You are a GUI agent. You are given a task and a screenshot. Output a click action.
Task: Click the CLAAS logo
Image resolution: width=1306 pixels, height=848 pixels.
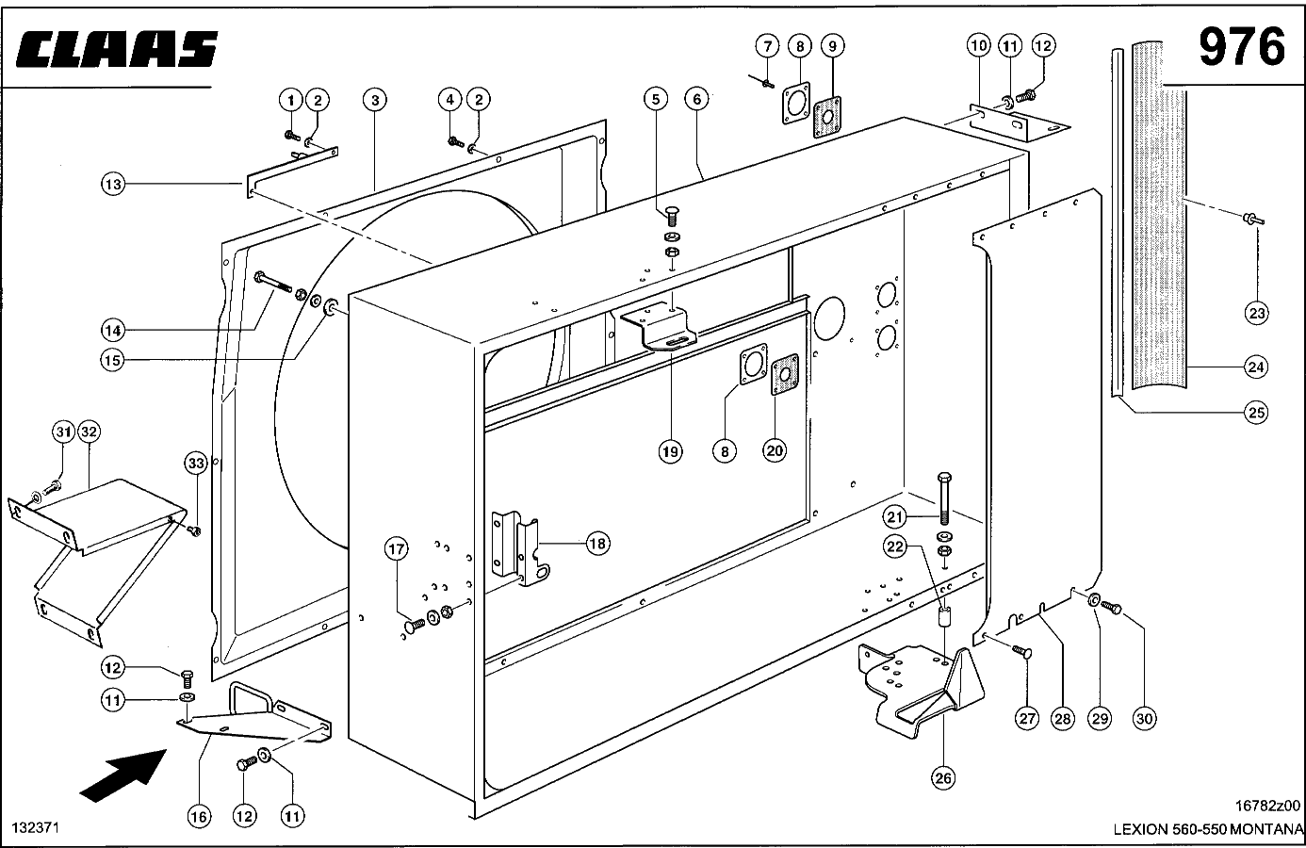click(117, 49)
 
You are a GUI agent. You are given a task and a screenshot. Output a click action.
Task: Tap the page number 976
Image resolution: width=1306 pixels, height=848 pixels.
click(1242, 46)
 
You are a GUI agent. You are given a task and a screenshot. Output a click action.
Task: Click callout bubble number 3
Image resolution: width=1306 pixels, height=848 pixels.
click(375, 100)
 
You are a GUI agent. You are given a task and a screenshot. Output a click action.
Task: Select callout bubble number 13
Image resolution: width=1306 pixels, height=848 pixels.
click(112, 185)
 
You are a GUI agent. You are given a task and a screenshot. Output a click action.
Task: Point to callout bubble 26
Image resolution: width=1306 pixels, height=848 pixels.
click(943, 777)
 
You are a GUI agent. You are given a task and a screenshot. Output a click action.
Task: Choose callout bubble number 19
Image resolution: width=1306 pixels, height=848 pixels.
click(671, 451)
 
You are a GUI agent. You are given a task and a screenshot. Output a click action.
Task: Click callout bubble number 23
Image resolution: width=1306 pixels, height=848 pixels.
click(1256, 314)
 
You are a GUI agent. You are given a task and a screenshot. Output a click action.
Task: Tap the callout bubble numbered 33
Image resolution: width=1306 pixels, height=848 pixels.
click(196, 464)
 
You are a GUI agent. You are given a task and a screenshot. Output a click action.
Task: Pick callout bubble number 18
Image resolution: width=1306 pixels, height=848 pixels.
click(597, 544)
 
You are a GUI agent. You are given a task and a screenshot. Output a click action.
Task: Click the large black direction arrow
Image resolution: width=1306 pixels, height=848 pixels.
click(123, 775)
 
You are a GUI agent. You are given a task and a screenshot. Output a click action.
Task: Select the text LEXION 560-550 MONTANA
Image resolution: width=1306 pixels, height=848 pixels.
click(1208, 829)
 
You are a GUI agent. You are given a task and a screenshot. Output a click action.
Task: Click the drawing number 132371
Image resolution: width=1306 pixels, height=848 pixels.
click(36, 827)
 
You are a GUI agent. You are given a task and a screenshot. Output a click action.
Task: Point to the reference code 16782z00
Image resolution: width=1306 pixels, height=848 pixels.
click(1267, 806)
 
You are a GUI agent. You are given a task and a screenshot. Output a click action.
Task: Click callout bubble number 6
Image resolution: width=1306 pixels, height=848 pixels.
click(697, 99)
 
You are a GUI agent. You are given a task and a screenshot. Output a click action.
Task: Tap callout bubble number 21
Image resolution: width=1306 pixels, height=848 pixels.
click(894, 516)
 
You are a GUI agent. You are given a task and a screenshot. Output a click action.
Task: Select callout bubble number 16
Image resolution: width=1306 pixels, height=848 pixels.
click(199, 817)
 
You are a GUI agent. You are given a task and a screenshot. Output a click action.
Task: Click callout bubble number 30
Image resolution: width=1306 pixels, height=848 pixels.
click(1145, 719)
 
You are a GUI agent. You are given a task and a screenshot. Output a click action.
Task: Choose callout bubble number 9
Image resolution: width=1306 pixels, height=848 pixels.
click(833, 45)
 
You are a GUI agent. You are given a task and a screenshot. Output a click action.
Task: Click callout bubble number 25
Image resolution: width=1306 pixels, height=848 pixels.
click(1256, 413)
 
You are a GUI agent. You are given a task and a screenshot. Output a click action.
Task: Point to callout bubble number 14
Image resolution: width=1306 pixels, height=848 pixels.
click(112, 331)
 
